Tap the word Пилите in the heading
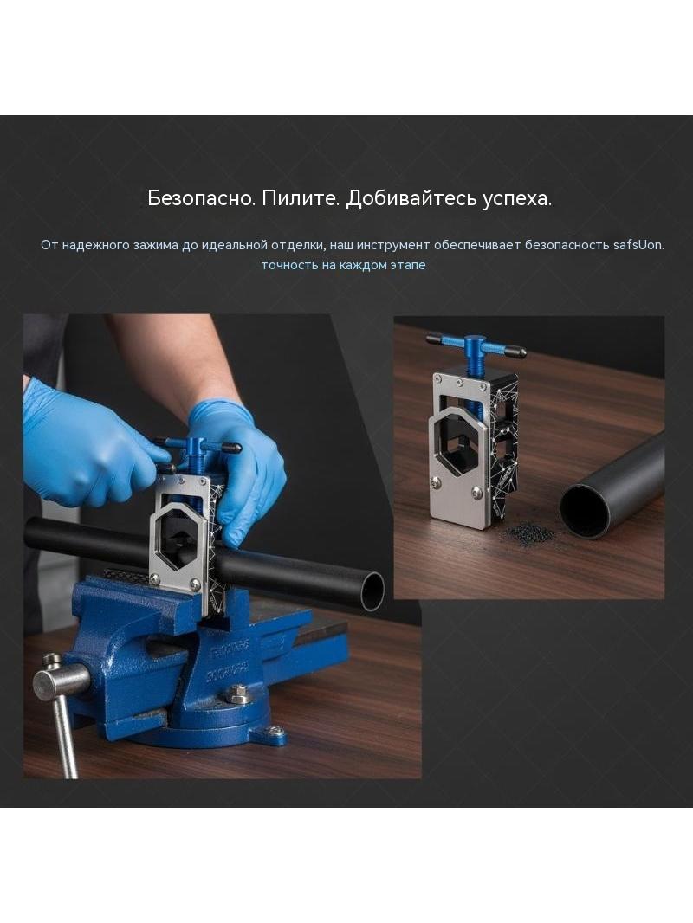point(301,198)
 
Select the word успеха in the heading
point(516,199)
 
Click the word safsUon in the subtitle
point(638,245)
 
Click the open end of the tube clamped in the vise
point(372,591)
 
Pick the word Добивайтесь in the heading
point(411,198)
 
